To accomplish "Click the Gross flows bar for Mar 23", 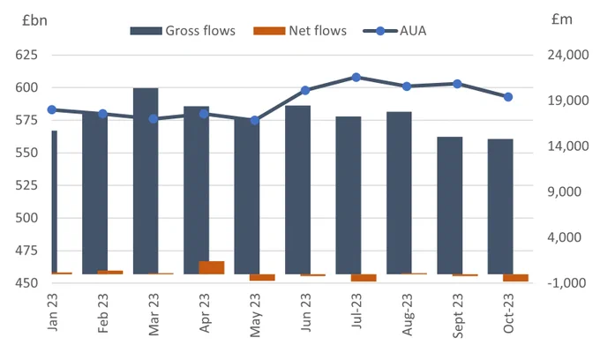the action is [146, 181].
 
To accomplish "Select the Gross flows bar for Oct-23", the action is [500, 206].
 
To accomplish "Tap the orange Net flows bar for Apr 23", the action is [212, 267].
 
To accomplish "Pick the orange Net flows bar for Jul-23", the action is [364, 278].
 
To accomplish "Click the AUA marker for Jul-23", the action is [356, 78].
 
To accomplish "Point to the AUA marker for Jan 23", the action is [52, 109].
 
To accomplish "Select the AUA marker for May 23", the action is [255, 121].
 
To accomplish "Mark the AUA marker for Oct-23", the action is [508, 97].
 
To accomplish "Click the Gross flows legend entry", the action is [183, 31].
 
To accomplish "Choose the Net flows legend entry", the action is [300, 31].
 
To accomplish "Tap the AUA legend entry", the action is [394, 31].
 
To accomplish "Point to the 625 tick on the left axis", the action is [26, 55].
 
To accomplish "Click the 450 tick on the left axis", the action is [26, 283].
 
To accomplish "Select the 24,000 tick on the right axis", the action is [568, 55].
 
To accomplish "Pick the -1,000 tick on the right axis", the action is [566, 283].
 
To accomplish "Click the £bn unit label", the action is [34, 20].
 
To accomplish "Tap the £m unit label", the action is [562, 19].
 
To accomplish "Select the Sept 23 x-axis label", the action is [458, 316].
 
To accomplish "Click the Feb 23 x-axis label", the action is [103, 313].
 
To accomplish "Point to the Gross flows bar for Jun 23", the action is [297, 190].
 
